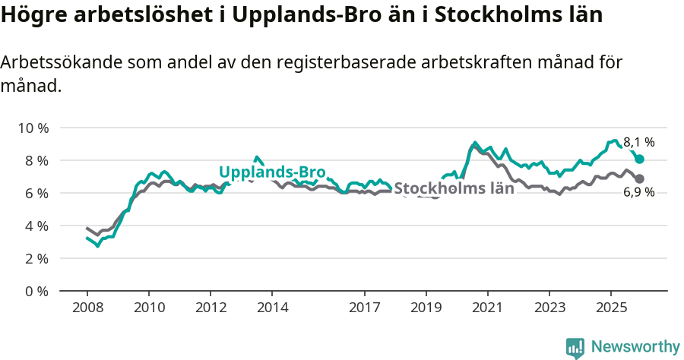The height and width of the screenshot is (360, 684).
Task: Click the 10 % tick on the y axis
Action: pos(33,128)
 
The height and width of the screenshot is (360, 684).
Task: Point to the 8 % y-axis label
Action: pos(36,160)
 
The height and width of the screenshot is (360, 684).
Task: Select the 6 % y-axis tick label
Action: pos(36,193)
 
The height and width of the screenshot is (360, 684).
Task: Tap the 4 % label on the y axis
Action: pos(36,226)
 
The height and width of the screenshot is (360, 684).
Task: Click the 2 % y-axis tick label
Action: pos(36,258)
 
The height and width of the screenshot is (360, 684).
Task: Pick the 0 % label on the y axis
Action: pos(36,291)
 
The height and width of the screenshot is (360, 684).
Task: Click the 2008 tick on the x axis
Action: pos(87,308)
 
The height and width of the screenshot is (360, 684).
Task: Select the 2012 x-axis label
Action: pos(210,308)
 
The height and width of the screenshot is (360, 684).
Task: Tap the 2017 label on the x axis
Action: pos(364,308)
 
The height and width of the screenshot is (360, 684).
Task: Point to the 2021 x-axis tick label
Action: pos(487,308)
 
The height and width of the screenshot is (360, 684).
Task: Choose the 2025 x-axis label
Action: pos(610,308)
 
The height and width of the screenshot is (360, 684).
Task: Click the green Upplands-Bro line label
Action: pos(272,171)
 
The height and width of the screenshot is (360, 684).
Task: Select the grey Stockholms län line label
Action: pos(454,188)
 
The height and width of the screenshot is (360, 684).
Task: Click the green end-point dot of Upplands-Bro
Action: pos(640,159)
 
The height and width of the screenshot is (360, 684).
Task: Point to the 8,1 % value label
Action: pos(638,142)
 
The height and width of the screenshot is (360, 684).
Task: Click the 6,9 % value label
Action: pos(638,193)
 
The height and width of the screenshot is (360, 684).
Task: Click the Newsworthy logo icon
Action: pos(575,347)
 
